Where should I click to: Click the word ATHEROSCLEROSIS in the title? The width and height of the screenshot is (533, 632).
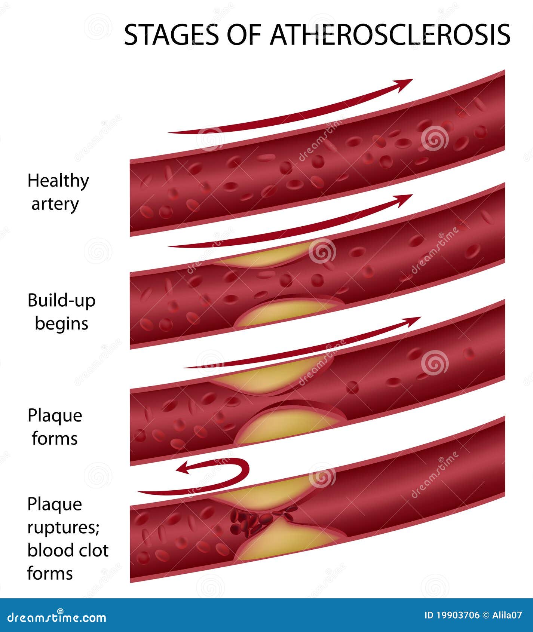[x=390, y=34]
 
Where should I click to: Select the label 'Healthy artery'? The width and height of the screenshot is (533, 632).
[x=58, y=193]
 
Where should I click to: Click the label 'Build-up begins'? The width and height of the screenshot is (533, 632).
[x=62, y=312]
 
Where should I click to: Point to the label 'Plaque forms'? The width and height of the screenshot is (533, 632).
[x=55, y=427]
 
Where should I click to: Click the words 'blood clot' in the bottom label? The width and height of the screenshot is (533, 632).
[x=68, y=550]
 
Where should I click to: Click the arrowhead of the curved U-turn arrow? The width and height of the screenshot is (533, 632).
[x=184, y=468]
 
